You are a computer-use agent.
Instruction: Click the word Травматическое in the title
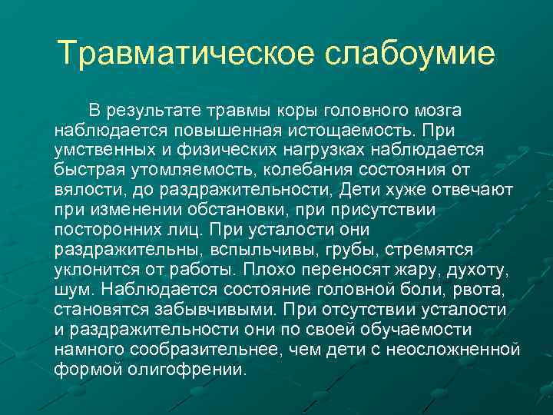click(185, 53)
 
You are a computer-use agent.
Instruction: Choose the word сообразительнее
click(192, 350)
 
